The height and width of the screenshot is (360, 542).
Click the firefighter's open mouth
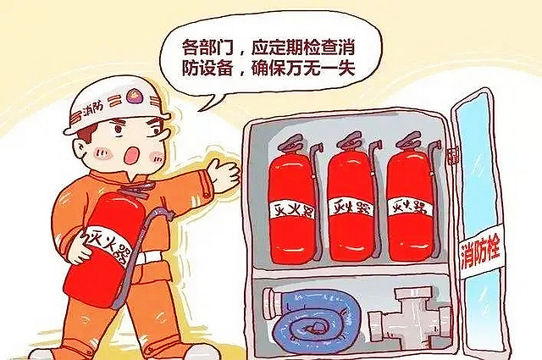click(134, 157)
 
